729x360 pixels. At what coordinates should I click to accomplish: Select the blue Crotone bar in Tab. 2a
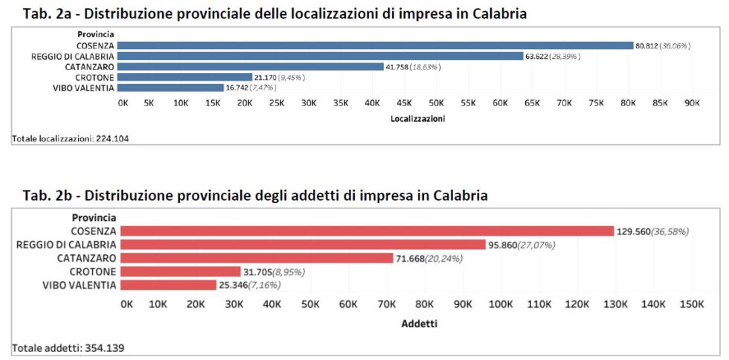point(186,77)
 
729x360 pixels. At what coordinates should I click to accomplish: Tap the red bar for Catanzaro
point(257,258)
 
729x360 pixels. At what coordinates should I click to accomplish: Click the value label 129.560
point(633,231)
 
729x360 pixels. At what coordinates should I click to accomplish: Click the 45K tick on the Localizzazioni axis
point(405,103)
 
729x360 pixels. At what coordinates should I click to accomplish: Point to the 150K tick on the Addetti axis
point(692,303)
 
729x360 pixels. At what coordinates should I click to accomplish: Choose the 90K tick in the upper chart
point(692,103)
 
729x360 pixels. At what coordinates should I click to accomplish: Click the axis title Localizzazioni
point(417,118)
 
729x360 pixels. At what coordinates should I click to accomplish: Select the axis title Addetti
point(419,324)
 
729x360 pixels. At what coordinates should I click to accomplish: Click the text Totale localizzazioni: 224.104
point(65,138)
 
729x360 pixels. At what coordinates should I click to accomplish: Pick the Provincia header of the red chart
point(94,217)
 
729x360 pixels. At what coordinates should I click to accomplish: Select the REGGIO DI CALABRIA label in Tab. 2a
point(73,56)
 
